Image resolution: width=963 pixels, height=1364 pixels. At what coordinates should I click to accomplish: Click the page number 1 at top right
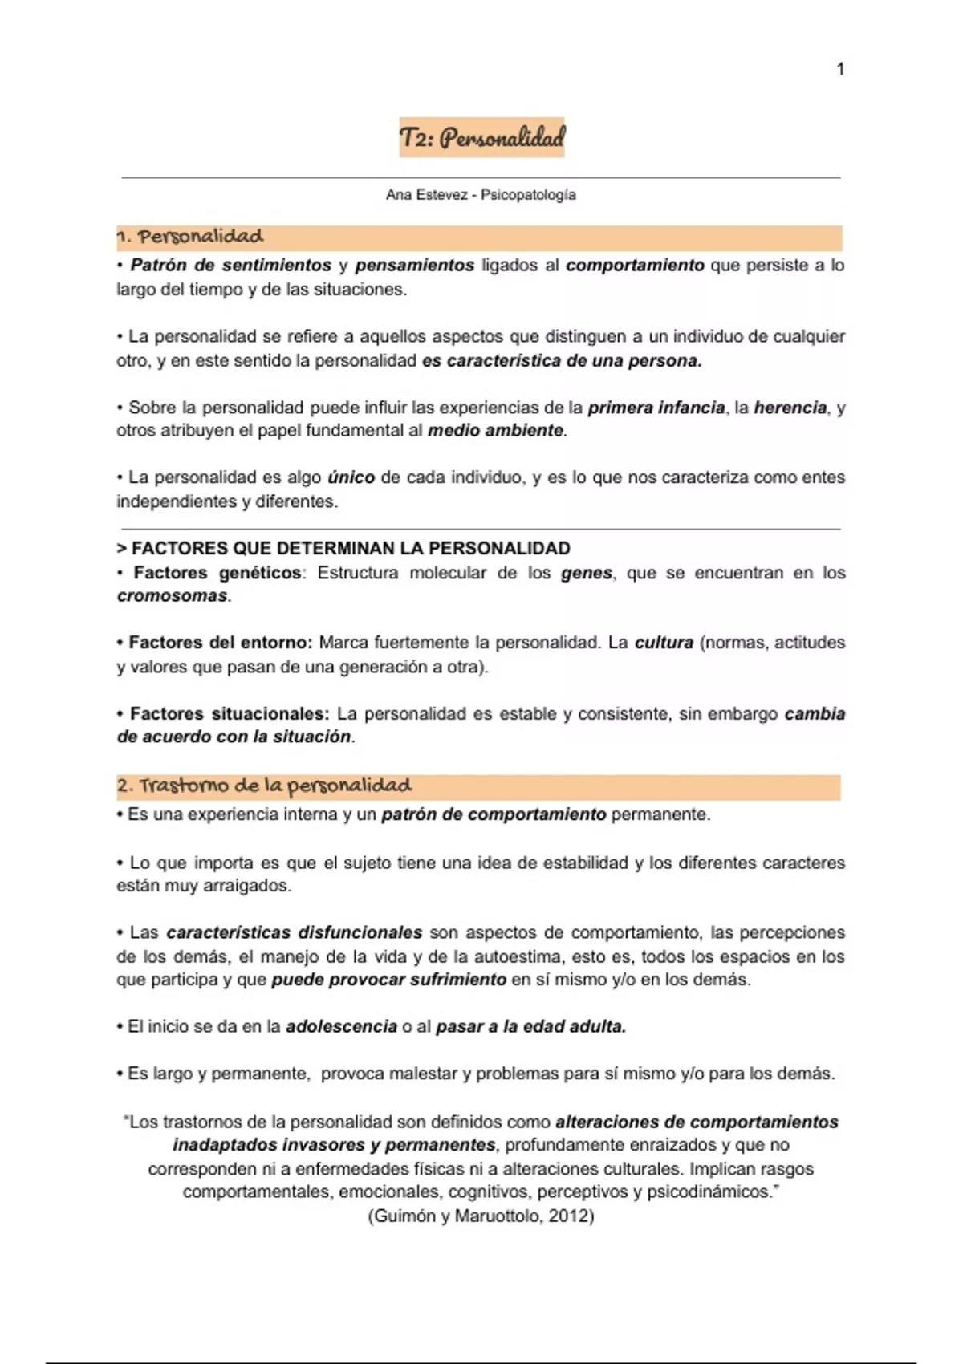[x=840, y=70]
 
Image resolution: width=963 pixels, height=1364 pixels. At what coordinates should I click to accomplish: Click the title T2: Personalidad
[x=481, y=138]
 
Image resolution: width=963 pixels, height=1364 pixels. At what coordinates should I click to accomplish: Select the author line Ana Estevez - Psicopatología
[x=481, y=195]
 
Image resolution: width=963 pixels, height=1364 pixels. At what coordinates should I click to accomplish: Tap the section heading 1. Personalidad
[x=190, y=237]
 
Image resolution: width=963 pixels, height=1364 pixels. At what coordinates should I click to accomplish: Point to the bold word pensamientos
[x=415, y=266]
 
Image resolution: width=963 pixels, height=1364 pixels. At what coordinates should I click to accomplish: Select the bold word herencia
[x=790, y=408]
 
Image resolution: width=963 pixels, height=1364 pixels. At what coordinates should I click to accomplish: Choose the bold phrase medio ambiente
[x=495, y=431]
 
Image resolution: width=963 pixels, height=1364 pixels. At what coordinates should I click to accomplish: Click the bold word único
[x=351, y=478]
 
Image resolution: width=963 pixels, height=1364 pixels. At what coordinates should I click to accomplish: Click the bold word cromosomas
[x=173, y=596]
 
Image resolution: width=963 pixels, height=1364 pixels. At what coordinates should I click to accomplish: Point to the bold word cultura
[x=664, y=643]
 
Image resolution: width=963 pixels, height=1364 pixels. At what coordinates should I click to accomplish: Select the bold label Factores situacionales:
[x=230, y=713]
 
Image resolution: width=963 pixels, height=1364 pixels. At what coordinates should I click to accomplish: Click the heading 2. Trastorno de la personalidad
[x=264, y=786]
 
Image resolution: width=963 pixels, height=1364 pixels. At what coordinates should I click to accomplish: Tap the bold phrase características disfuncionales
[x=295, y=933]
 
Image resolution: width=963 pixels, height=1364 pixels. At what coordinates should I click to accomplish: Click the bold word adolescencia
[x=341, y=1027]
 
